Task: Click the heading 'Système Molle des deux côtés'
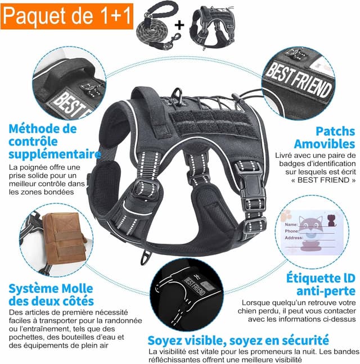51,295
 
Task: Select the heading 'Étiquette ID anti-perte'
321,284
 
